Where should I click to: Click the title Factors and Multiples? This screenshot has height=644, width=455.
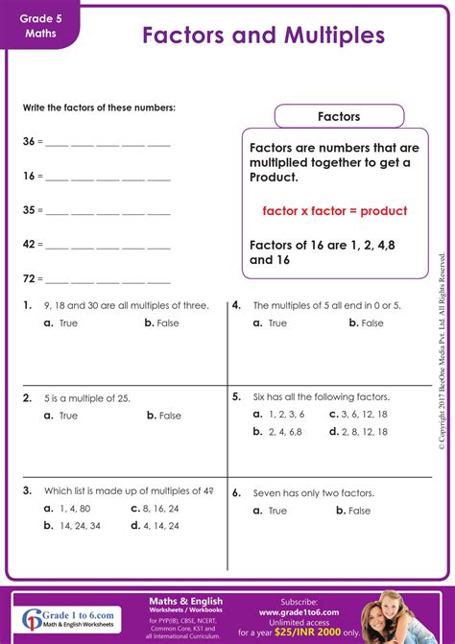point(263,36)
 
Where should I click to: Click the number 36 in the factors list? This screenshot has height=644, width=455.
point(29,141)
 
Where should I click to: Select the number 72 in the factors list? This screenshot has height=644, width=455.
point(29,279)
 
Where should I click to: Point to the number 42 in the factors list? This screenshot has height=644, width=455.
point(29,245)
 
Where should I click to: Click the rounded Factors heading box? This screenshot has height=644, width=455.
point(338,117)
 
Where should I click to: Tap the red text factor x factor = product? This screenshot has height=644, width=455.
point(334,210)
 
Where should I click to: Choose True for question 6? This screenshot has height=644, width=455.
point(271,511)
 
